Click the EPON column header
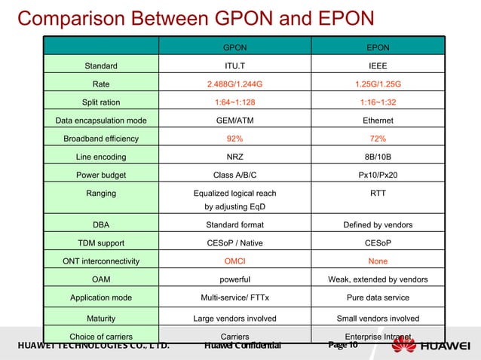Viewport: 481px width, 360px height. (x=378, y=47)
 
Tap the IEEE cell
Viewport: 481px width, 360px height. (x=378, y=66)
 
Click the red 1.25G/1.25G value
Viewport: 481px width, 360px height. (x=378, y=84)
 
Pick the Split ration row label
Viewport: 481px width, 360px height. (x=100, y=102)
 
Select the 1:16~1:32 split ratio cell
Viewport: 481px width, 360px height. (x=378, y=102)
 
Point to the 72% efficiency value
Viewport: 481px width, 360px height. (x=378, y=139)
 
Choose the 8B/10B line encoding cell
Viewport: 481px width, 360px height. (x=378, y=157)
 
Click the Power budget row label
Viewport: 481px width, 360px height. (x=100, y=175)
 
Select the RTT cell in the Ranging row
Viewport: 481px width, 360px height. (x=378, y=194)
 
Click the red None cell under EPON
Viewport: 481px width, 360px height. (x=378, y=261)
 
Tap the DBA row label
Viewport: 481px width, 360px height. (x=100, y=224)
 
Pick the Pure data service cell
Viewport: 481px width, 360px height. (x=378, y=297)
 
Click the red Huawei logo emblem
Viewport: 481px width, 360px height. (x=403, y=346)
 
